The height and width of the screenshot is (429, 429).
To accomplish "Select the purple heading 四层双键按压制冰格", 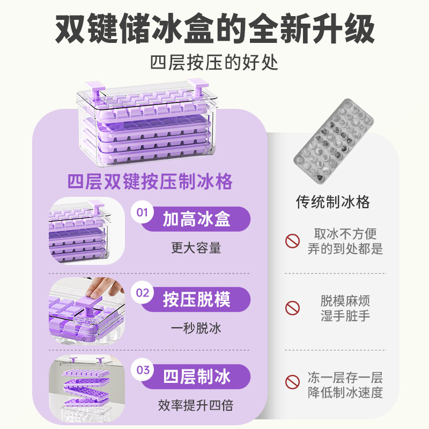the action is [150, 181].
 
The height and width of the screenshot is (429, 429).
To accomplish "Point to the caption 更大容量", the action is [196, 248].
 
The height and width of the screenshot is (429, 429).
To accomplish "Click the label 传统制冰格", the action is [333, 202].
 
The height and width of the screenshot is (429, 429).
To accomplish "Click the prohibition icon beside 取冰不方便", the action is [292, 241].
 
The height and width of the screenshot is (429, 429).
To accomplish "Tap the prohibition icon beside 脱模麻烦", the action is [292, 308].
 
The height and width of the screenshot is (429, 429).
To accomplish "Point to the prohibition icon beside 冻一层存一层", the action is [292, 382].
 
